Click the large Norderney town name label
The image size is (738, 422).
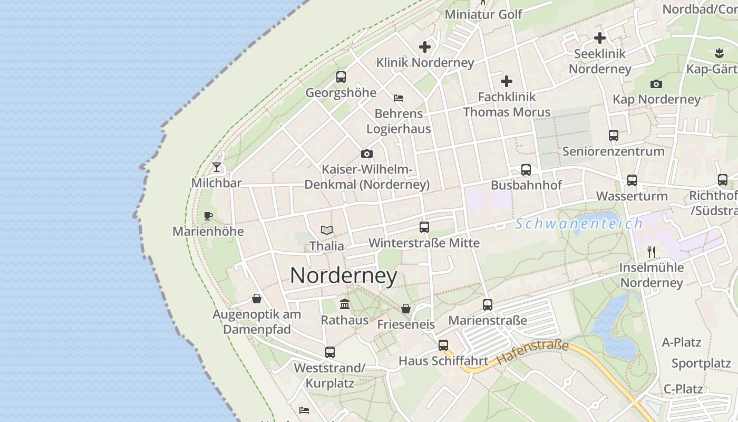(x=343, y=276)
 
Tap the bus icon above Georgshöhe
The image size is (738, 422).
(x=341, y=77)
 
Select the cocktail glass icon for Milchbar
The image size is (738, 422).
(x=217, y=167)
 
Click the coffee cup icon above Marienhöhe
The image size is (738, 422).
(x=208, y=216)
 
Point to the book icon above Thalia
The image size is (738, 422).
(x=327, y=230)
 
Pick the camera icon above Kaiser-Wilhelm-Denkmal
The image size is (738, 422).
(x=367, y=154)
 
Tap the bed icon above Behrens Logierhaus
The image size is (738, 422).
(x=399, y=98)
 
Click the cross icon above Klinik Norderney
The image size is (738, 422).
(x=425, y=47)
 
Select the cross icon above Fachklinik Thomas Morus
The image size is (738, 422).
(x=507, y=81)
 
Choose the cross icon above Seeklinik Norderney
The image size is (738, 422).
(x=599, y=38)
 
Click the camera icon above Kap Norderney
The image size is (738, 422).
(x=656, y=84)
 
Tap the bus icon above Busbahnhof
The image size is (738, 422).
(x=526, y=170)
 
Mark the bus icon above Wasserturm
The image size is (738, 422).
(x=632, y=180)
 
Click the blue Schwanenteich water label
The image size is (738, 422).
(x=579, y=224)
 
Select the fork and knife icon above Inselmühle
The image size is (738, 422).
(x=652, y=252)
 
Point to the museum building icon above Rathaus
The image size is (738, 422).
(x=345, y=304)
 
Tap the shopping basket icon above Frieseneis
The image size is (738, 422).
(x=406, y=309)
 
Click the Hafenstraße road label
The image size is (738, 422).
(x=532, y=353)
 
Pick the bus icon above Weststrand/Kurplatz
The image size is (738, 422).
(x=330, y=352)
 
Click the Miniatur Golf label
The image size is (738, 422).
(x=483, y=14)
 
